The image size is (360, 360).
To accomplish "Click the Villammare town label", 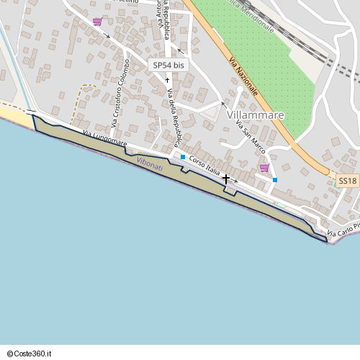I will (254, 114).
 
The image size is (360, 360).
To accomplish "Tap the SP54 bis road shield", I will (168, 65).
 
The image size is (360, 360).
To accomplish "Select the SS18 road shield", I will (348, 181).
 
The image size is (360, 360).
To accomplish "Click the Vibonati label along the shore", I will (149, 164).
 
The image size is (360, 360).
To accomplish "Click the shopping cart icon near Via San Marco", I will (264, 168).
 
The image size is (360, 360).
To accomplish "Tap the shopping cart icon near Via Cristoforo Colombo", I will (97, 22).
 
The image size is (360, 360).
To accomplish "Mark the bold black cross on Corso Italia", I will (226, 178).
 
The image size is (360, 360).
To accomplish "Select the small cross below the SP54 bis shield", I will (167, 79).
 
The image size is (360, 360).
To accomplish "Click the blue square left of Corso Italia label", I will (183, 157).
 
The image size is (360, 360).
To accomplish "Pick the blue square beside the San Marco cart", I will (275, 180).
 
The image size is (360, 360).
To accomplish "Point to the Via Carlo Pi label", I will (343, 233).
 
